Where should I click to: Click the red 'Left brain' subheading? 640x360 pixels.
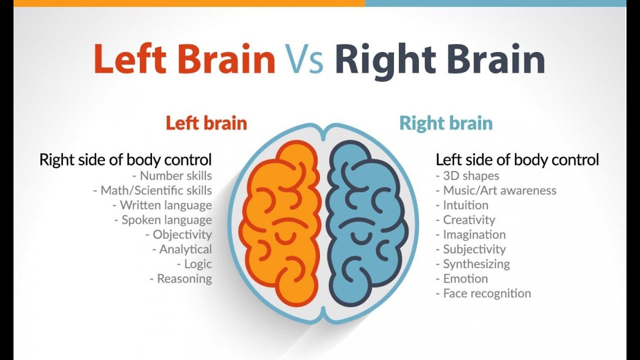coord(206,123)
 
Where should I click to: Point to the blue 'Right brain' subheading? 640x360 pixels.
coord(446,123)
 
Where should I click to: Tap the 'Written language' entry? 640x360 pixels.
coord(165,205)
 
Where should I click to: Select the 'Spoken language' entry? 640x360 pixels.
coord(166,220)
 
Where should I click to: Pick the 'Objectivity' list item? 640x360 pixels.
coord(182,234)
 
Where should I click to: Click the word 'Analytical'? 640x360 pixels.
coord(185,249)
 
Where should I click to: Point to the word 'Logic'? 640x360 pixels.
coord(198,264)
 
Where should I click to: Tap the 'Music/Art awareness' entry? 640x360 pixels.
coord(499,190)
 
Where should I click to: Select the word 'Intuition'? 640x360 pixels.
coord(465,205)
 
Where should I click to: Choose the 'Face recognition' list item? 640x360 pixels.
coord(487,293)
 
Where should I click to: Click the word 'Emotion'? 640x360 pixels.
coord(465,278)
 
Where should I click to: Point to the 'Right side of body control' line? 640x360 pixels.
coord(125,160)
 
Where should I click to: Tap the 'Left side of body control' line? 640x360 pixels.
coord(517,160)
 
